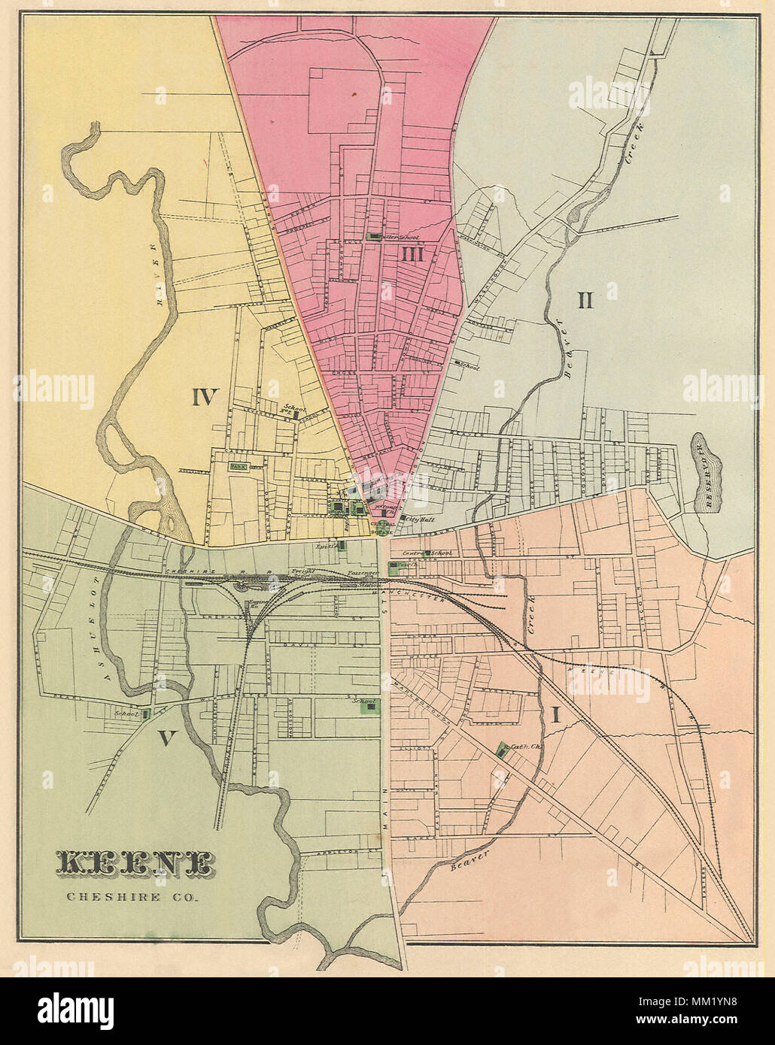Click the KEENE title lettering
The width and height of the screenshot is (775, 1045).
[135, 864]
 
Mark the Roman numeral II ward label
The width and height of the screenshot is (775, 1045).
[585, 301]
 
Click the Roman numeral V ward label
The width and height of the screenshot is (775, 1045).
[166, 739]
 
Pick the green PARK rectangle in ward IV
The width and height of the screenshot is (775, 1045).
[239, 466]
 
